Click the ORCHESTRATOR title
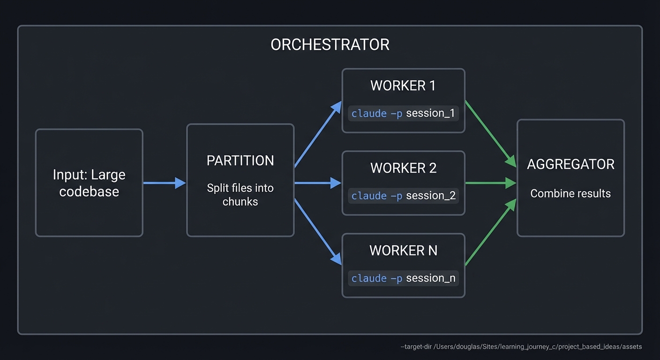[330, 45]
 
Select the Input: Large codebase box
[89, 183]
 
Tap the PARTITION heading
[240, 160]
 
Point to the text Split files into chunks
[240, 195]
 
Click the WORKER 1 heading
[403, 85]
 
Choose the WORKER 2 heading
[403, 168]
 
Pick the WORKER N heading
[403, 250]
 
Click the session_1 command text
[403, 113]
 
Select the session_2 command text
[403, 196]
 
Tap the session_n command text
[403, 278]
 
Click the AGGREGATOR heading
[570, 164]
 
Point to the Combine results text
[570, 194]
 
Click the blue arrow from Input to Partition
[164, 183]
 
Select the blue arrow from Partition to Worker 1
[318, 134]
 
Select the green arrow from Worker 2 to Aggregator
[490, 183]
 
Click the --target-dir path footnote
[521, 347]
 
